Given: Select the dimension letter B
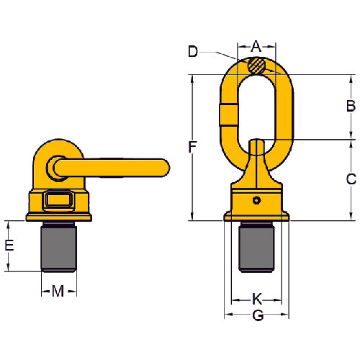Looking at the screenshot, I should pos(351,107).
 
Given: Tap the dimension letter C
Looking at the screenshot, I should pos(351,179).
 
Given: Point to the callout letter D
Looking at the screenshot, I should pos(192,51).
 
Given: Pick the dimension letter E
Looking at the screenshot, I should pos(9,246).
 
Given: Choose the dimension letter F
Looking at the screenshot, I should pos(192,148).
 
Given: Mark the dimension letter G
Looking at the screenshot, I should pos(256,315).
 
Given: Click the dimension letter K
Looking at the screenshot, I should pos(256,297).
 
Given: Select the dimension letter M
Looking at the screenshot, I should pos(58,290).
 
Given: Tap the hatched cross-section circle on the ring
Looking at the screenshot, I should pos(256,66).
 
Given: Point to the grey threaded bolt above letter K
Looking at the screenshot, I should pos(256,246).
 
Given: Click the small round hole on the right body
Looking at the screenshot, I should pos(256,198).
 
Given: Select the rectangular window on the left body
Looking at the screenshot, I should pos(58,199).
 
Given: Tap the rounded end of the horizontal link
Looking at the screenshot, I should pos(164,167).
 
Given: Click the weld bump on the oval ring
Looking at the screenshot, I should pos(225,114).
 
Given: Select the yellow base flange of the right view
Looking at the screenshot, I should pos(256,215).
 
